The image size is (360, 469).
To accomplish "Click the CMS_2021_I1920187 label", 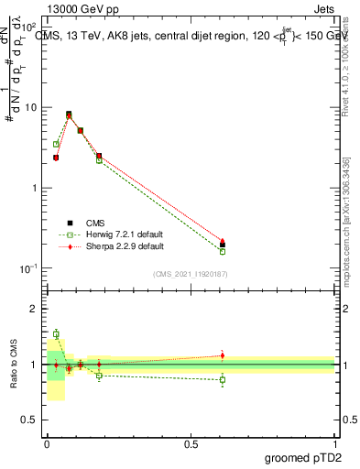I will click(191, 274).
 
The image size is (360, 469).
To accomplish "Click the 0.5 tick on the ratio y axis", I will click(30, 421).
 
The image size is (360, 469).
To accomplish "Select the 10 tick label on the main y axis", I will click(28, 107).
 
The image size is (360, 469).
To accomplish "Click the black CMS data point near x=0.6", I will click(223, 245).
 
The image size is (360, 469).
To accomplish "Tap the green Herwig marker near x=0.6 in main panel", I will click(223, 251).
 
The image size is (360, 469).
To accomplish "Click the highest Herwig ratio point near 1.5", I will click(56, 334).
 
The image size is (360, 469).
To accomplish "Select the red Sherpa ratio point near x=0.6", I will click(223, 355).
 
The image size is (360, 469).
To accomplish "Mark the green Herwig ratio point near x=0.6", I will click(223, 379).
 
